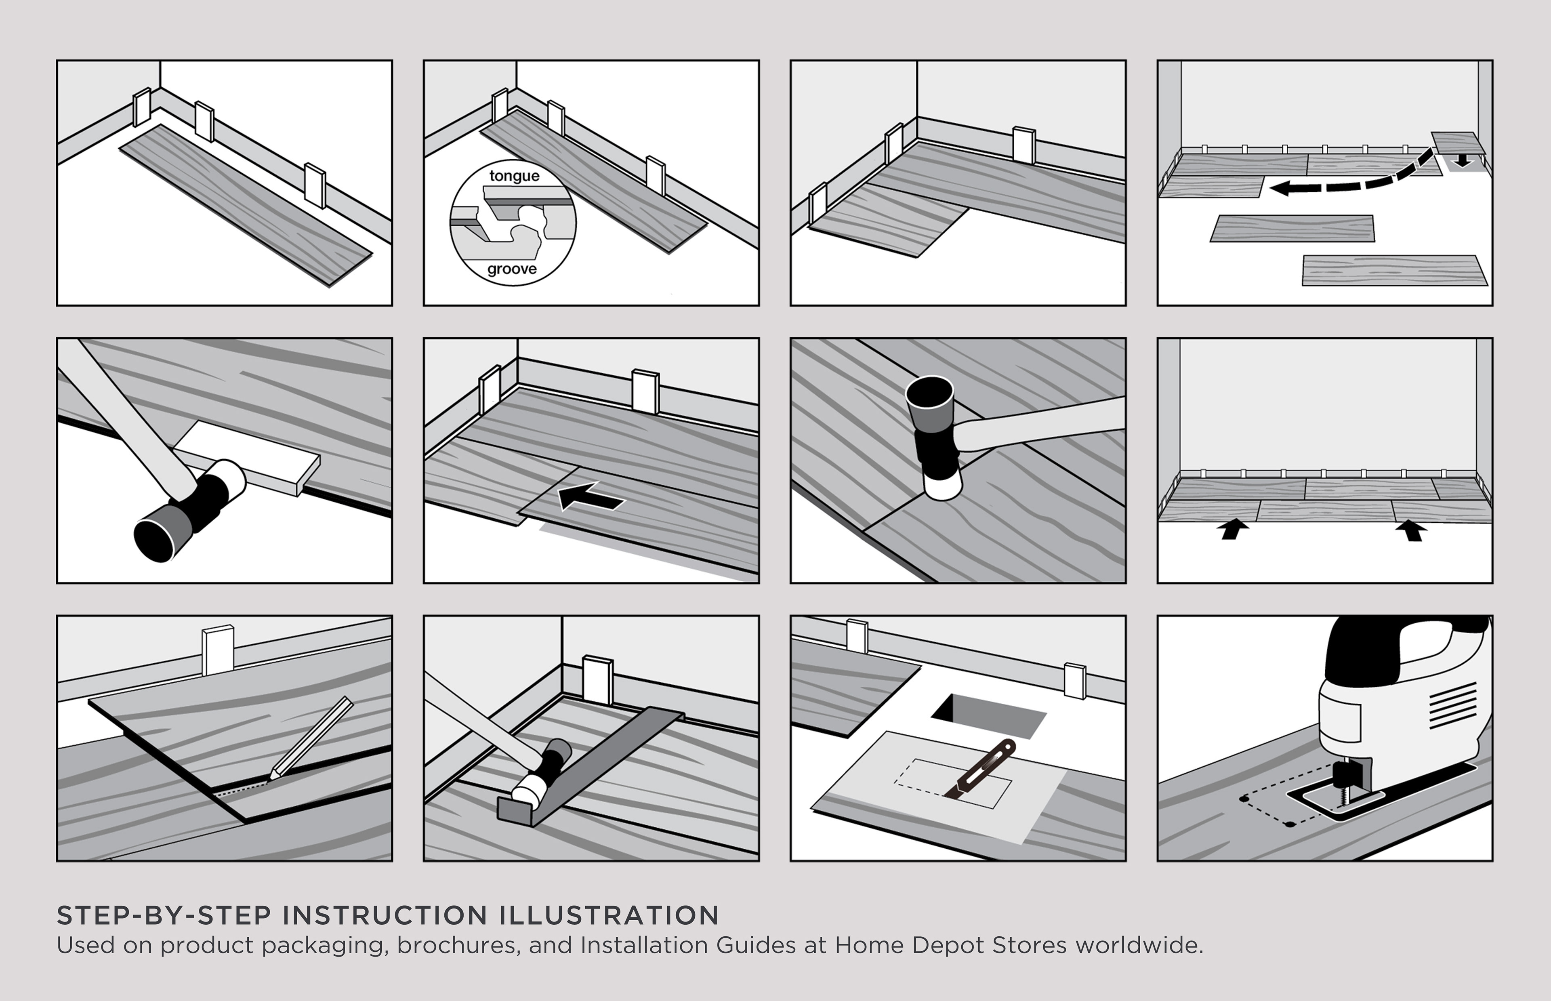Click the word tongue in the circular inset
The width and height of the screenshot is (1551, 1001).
point(514,176)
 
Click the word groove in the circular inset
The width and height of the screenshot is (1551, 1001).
point(512,269)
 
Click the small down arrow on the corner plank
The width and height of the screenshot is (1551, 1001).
point(1461,160)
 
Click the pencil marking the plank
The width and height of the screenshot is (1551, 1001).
point(312,738)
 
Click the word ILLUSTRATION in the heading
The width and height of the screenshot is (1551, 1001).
point(609,915)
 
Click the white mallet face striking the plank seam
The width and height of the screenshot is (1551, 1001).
point(943,483)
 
